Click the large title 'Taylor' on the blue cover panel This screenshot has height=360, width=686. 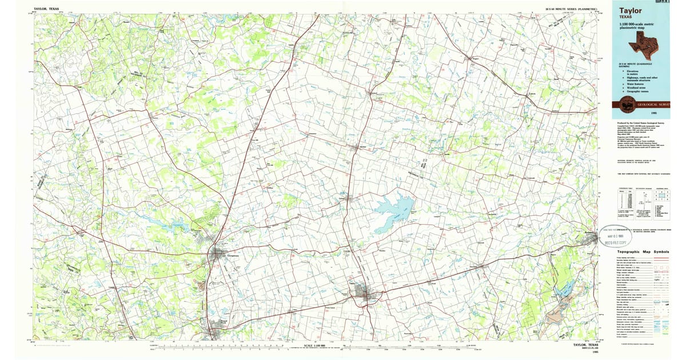coord(631,10)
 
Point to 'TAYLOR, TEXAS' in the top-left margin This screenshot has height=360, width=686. coord(46,9)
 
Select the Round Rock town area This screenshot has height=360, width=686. coord(211,330)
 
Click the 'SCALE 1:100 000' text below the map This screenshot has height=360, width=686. coord(315,346)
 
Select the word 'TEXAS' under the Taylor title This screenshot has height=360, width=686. coord(627,17)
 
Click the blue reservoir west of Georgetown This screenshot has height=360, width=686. coord(176,227)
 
